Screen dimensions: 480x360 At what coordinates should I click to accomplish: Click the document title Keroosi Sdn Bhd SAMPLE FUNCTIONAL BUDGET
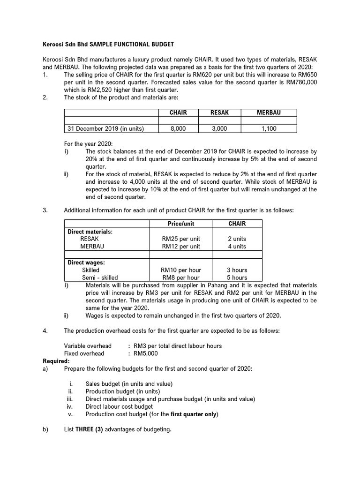(108, 44)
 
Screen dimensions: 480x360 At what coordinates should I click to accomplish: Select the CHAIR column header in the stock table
(178, 112)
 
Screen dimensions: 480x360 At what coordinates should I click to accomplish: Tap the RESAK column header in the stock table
(220, 112)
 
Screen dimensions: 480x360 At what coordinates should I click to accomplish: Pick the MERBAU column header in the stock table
(269, 112)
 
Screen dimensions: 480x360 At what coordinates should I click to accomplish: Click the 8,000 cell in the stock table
(178, 128)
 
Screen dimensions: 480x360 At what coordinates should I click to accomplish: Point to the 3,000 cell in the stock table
(220, 128)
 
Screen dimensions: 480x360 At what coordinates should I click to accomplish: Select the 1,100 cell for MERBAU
(269, 128)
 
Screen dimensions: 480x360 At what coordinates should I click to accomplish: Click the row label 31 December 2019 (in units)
(106, 128)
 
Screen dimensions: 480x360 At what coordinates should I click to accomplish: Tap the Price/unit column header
(181, 224)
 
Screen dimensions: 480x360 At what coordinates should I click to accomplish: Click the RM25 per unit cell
(181, 239)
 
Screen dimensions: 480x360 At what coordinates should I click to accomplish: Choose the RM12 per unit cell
(181, 246)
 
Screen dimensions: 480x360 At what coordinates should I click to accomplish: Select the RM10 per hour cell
(181, 270)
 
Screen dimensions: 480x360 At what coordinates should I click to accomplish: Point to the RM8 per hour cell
(181, 277)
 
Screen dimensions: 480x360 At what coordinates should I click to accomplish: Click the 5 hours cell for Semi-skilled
(237, 277)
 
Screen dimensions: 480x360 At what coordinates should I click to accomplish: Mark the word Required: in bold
(56, 361)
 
